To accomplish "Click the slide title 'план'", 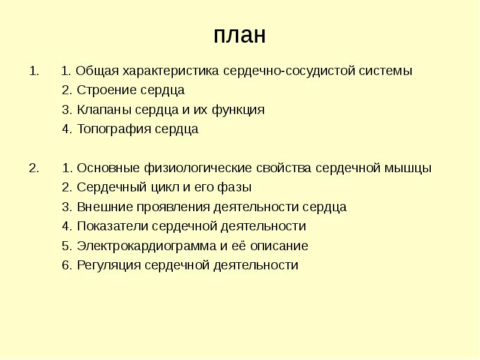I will [239, 35].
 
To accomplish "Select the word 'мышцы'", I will [412, 168].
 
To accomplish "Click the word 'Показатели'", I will [112, 226].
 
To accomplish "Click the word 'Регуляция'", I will [109, 265].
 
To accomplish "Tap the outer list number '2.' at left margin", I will [34, 168].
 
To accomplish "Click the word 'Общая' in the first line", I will [98, 71].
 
